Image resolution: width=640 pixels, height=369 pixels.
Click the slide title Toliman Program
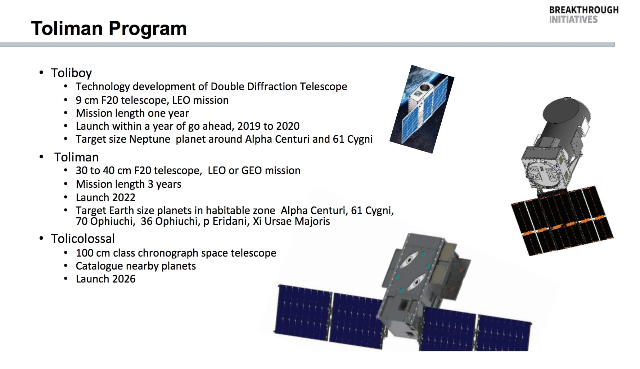point(109,28)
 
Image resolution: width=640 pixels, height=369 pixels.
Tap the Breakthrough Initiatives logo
point(583,15)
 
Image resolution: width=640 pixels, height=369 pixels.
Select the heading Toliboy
point(71,73)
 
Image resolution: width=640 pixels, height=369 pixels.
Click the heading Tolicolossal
point(83,239)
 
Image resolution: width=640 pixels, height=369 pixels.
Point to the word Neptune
point(150,139)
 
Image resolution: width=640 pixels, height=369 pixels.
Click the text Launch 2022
point(105,197)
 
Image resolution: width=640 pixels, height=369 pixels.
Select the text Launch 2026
point(105,279)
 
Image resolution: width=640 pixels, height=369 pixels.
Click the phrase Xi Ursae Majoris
point(291,221)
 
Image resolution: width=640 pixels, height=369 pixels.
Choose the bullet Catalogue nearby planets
point(136,266)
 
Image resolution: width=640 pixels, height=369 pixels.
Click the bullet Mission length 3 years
point(129,184)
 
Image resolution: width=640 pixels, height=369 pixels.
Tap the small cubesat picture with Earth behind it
point(422,109)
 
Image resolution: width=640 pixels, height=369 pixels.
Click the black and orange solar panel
point(562,221)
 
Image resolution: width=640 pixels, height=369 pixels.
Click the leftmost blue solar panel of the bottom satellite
point(303,314)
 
